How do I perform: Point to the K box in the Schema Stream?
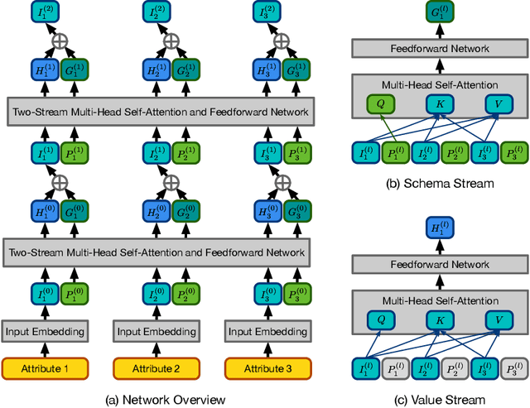[x=441, y=103]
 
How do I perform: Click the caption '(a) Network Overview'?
[x=165, y=399]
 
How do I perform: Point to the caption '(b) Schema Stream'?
[x=441, y=183]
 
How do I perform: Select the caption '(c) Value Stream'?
[x=441, y=399]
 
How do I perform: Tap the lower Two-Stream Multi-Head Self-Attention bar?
[x=158, y=252]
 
